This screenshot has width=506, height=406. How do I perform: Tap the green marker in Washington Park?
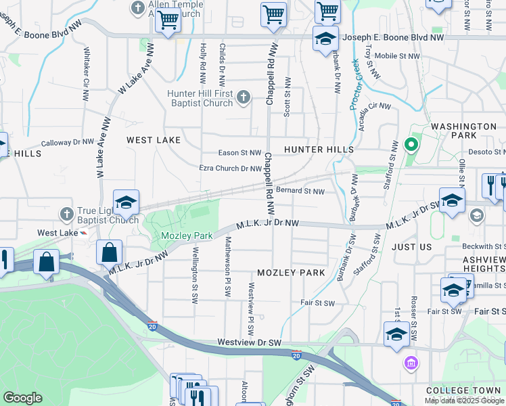tap(410, 144)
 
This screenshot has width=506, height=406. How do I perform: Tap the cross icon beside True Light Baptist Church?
tap(66, 215)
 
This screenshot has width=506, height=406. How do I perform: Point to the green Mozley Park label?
tap(187, 236)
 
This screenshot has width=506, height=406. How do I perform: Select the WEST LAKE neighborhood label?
tap(154, 139)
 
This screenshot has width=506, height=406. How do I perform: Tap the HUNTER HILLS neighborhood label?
tap(319, 149)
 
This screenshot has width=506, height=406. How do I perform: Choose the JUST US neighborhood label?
tap(411, 247)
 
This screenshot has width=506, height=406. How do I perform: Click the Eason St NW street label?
tap(239, 154)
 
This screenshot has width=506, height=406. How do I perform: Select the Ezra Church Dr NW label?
tap(230, 168)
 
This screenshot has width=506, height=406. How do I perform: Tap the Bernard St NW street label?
tap(300, 191)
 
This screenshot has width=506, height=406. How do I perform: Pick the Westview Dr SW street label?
tap(249, 343)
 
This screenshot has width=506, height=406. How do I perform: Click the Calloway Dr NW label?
tap(67, 143)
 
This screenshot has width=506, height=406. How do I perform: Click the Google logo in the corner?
tap(22, 398)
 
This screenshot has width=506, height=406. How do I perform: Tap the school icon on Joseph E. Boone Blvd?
tap(325, 39)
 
